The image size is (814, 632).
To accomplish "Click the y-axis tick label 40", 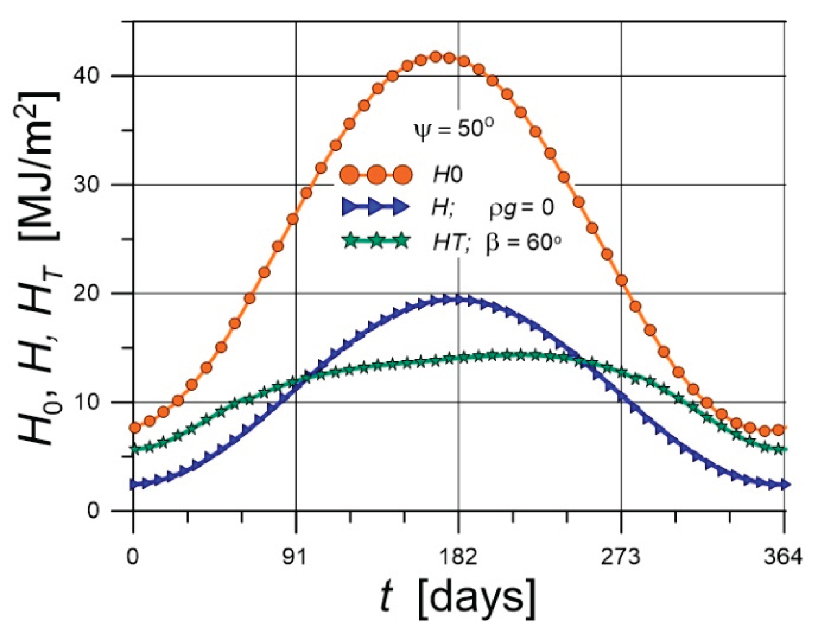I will coord(87,76).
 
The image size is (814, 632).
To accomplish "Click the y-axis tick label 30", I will coord(87,185).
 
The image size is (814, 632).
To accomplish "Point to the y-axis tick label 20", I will coord(87,294).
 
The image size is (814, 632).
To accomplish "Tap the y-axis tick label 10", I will coord(87,402).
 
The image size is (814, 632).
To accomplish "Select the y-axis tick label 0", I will coord(93,510).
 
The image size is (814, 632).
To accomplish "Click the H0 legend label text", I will coord(447,175).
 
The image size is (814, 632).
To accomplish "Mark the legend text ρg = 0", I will coord(521,208).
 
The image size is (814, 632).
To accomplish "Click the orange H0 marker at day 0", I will coord(135,428).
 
